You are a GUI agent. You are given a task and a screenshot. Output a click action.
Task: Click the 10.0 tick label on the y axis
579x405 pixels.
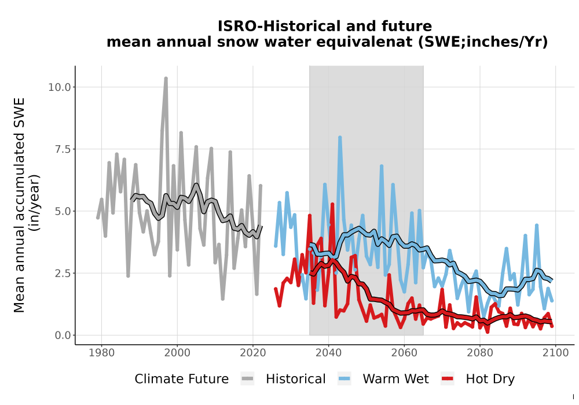[x=59, y=87]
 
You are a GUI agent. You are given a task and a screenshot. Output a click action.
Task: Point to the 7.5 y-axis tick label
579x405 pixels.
[x=62, y=149]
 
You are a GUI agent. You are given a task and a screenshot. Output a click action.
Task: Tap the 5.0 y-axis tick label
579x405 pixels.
[x=62, y=211]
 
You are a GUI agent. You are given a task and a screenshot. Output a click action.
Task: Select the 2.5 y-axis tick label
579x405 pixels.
[x=62, y=273]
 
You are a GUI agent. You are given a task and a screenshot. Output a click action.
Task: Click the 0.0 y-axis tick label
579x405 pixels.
[x=62, y=336]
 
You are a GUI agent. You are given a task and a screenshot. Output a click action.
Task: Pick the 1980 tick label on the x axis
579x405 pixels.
[x=101, y=353]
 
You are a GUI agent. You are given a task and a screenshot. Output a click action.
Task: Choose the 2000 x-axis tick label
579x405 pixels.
[x=177, y=353]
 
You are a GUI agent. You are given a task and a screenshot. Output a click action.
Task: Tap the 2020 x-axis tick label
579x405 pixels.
[x=253, y=353]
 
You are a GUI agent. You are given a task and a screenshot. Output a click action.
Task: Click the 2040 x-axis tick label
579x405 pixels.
[x=329, y=353]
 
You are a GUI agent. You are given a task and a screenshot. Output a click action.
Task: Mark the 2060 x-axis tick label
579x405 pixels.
[x=404, y=353]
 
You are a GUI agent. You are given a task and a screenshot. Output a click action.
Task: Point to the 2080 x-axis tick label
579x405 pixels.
[x=480, y=353]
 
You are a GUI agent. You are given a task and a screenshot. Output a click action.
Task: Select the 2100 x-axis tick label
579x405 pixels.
[x=556, y=353]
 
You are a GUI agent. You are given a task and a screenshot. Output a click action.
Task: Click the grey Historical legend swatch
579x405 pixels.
[x=247, y=379]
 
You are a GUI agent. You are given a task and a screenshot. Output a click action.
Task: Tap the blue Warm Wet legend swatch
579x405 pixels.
[x=344, y=379]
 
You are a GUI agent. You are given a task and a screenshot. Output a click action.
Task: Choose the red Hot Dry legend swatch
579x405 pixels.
[x=448, y=379]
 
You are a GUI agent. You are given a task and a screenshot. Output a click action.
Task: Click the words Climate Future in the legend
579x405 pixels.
[x=182, y=379]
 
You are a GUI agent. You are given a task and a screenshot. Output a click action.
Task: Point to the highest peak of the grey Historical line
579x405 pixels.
[x=166, y=78]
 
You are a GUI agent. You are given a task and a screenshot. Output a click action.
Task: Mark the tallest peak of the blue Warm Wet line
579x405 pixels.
[x=340, y=137]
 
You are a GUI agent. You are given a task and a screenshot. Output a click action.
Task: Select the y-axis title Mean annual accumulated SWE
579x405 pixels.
[x=19, y=205]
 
